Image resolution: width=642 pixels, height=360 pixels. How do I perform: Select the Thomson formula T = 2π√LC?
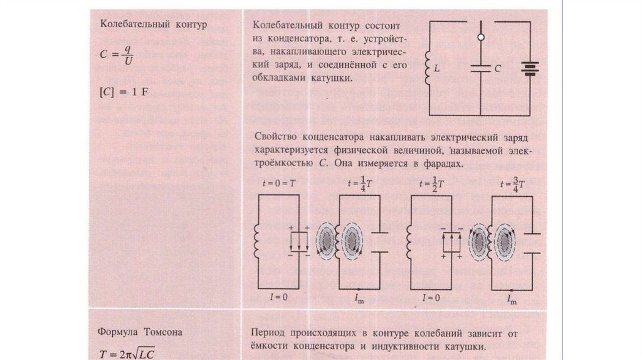click(x=126, y=353)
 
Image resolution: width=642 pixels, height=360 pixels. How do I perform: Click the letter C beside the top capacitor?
click(x=497, y=70)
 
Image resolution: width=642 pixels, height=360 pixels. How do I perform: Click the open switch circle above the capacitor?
click(x=481, y=38)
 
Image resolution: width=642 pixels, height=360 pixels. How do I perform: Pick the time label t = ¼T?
click(x=359, y=184)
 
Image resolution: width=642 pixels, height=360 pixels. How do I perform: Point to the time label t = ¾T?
click(x=512, y=184)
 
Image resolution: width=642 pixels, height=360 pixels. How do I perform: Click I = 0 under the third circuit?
click(x=433, y=297)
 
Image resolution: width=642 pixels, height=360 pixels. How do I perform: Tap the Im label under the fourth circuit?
click(x=512, y=299)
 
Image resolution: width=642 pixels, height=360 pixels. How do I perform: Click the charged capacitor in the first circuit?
click(x=299, y=241)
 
